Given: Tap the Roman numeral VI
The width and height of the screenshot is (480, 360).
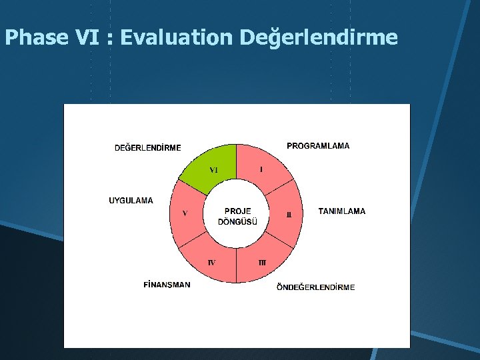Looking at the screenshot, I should click(213, 170).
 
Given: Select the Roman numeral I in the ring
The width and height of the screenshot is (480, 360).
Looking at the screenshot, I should click(261, 169).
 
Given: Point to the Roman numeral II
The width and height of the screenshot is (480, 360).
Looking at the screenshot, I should click(289, 215).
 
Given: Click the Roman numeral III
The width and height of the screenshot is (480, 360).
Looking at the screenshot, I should click(262, 263).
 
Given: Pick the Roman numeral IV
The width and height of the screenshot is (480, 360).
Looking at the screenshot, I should click(211, 263).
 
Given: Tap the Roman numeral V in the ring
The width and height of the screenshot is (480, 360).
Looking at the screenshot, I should click(185, 214).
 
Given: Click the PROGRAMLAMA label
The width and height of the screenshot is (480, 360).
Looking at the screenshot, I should click(318, 146).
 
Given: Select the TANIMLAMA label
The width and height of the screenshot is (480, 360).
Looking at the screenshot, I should click(342, 211).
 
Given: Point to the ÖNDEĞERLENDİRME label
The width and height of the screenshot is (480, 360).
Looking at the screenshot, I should click(316, 287).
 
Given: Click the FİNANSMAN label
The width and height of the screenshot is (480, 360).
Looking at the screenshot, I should click(167, 285).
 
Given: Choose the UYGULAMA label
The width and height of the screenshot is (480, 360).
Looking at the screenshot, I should click(131, 200).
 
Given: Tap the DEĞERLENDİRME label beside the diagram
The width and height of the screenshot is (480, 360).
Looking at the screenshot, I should click(147, 148).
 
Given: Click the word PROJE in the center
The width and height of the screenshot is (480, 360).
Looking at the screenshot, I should click(237, 211).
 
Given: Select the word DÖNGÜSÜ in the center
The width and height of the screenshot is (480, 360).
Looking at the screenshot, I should click(237, 222).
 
